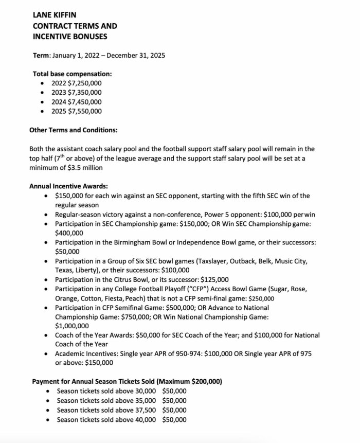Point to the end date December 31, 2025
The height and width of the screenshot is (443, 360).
(x=139, y=55)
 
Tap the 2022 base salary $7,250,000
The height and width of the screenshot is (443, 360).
(x=84, y=83)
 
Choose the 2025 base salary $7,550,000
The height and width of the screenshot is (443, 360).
(x=84, y=111)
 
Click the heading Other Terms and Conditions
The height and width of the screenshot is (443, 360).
(x=73, y=130)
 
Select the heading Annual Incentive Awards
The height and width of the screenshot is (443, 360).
(x=68, y=186)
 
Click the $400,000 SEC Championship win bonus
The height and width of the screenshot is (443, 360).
(x=69, y=233)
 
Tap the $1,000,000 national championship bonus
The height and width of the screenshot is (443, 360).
(x=72, y=326)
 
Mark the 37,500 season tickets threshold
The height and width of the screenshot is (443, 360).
(x=142, y=410)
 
